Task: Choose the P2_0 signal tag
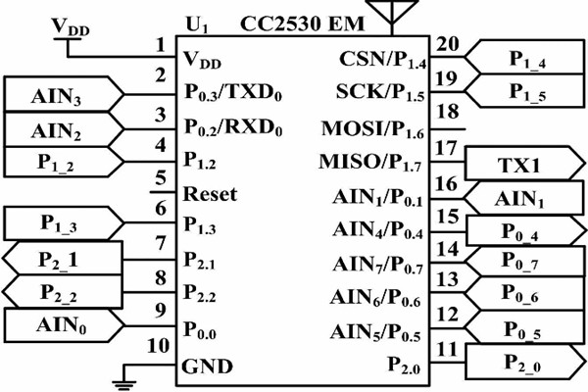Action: pyautogui.click(x=527, y=362)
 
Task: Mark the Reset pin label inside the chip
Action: pyautogui.click(x=210, y=194)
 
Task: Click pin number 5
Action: pyautogui.click(x=160, y=177)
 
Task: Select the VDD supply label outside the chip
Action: pyautogui.click(x=68, y=27)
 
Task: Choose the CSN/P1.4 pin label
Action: pyautogui.click(x=380, y=61)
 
